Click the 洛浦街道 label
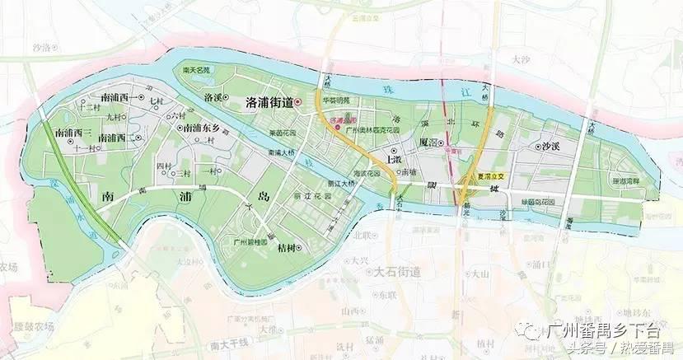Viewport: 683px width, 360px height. point(270,102)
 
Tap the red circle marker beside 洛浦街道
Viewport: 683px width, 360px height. point(299,103)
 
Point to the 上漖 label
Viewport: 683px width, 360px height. point(394,157)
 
